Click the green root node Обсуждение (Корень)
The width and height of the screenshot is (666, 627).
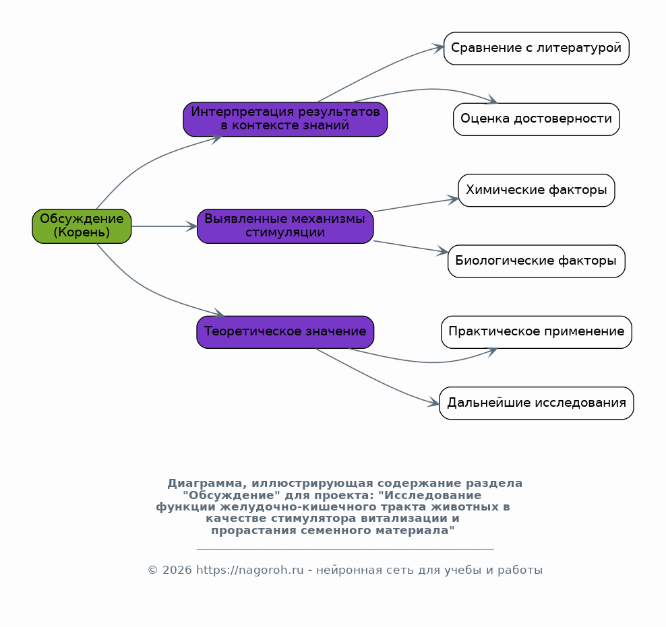point(82,226)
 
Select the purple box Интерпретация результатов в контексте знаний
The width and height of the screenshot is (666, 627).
point(285,119)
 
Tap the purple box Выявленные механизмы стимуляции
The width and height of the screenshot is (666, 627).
point(285,226)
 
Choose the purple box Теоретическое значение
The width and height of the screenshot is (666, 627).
point(285,332)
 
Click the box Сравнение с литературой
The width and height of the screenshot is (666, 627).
point(537,48)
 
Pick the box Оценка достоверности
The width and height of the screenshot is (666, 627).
point(537,119)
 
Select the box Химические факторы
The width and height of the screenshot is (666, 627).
point(537,191)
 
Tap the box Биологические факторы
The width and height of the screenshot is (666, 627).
point(537,261)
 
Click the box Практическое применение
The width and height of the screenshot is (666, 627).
point(537,332)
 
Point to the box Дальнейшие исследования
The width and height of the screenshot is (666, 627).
point(537,403)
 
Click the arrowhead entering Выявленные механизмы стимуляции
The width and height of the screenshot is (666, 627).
point(192,226)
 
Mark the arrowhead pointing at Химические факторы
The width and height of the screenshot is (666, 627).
point(453,199)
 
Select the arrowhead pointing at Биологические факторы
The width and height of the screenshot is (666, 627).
point(443,252)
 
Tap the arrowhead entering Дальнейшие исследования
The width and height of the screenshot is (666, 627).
point(433,402)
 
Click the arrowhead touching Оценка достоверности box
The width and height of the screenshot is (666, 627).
point(492,100)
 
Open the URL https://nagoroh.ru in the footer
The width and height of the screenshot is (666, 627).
point(249,570)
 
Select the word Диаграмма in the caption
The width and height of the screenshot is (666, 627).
point(207,484)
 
